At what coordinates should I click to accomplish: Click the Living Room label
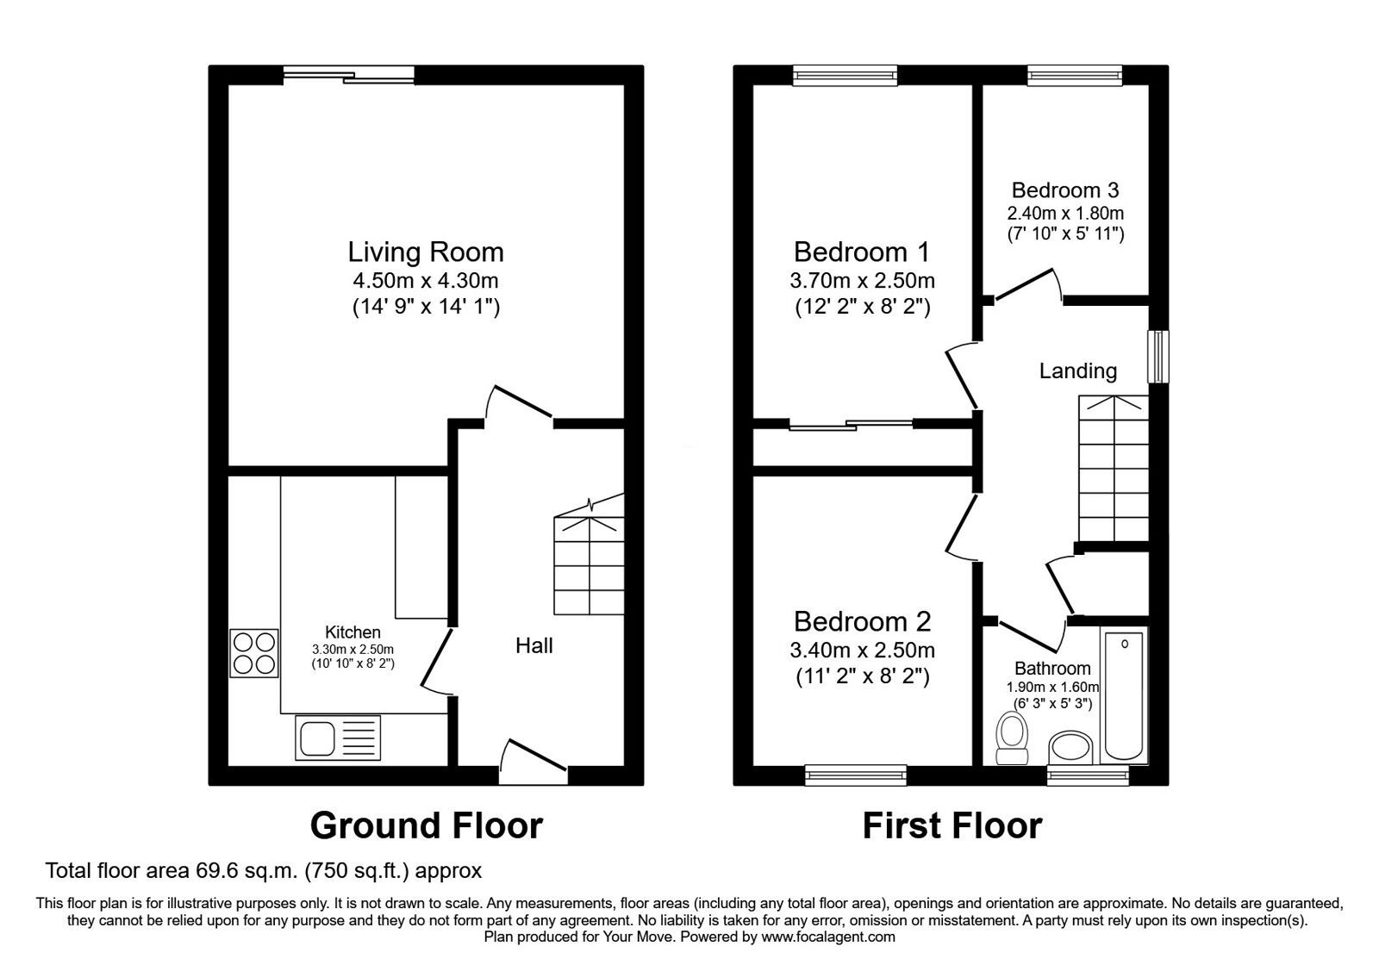coord(426,252)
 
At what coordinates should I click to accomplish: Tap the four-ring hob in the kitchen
coord(254,654)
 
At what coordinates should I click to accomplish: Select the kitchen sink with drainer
coord(338,738)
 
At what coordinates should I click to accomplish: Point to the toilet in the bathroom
coord(1012,738)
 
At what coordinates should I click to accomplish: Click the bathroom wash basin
coord(1070,748)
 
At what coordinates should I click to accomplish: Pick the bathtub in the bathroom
coord(1124,695)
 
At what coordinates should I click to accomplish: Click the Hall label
coord(534,645)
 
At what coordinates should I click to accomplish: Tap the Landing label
coord(1078,370)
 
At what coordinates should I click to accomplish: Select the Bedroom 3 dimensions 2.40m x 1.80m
coord(1065,213)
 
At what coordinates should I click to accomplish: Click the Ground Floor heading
coord(426,825)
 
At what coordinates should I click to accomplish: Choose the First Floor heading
coord(952,825)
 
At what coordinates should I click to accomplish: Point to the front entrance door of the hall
coord(534,763)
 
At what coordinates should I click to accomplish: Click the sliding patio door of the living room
coord(349,74)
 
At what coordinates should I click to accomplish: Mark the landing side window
coord(1158,357)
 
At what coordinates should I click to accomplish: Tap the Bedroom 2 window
coord(856,775)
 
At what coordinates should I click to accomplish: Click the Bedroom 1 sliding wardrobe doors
coord(851,424)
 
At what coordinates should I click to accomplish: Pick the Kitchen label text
coord(353,632)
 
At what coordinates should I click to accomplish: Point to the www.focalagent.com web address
coord(828,937)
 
